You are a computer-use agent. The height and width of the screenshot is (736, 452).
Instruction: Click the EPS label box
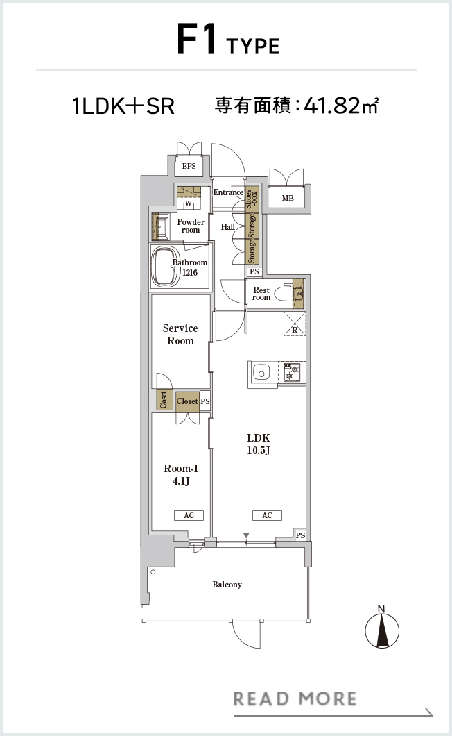click(x=189, y=166)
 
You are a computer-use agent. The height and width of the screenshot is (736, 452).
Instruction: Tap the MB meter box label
click(x=288, y=198)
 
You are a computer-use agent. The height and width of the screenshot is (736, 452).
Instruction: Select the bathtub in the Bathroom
click(x=164, y=267)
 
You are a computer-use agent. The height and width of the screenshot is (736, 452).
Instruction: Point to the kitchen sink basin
click(x=261, y=374)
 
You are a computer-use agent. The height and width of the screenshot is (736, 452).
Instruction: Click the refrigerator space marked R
click(x=295, y=324)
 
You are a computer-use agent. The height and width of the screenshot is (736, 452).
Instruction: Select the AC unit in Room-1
click(x=189, y=515)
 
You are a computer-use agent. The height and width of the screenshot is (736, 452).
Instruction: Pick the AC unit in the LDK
click(x=268, y=515)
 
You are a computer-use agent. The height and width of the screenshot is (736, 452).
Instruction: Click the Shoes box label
click(x=252, y=199)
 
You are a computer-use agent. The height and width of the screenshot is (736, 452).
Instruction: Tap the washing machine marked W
click(x=189, y=203)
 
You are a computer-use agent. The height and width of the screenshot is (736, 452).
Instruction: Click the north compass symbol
click(x=382, y=628)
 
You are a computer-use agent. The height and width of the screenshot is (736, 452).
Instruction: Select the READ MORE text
click(x=295, y=699)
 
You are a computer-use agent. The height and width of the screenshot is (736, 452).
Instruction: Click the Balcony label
click(x=227, y=585)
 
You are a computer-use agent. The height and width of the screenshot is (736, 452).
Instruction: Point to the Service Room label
click(x=180, y=334)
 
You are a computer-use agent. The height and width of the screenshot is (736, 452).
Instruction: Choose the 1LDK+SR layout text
click(x=124, y=106)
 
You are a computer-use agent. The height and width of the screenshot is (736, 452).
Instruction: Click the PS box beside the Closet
click(x=205, y=401)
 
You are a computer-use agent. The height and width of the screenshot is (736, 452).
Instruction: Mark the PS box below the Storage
click(x=254, y=271)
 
